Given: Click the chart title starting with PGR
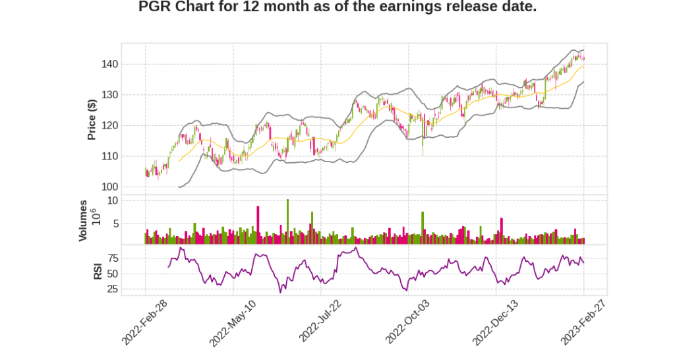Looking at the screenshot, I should [x=337, y=8].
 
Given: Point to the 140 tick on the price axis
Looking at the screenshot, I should [x=109, y=65].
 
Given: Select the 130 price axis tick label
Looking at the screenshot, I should [x=109, y=95].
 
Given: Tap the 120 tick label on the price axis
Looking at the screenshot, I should [x=109, y=126].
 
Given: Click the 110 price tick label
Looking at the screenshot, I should [x=109, y=156].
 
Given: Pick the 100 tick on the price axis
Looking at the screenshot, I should [x=109, y=187].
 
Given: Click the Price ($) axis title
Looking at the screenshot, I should [x=92, y=119].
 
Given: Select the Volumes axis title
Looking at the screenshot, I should [x=83, y=220].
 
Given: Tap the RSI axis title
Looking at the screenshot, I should [x=98, y=271].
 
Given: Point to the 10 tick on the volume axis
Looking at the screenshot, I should [x=112, y=200].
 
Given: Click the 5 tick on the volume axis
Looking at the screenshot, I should [x=115, y=224].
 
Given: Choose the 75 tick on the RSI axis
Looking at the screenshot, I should [x=112, y=258].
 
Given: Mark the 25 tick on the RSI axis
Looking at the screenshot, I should [x=112, y=289].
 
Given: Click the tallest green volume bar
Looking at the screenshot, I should [x=287, y=222].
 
